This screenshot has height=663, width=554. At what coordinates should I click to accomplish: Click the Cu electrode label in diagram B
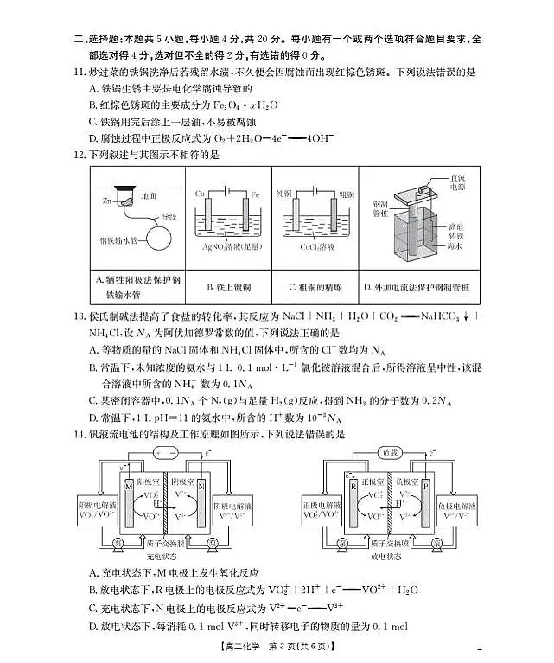[200, 193]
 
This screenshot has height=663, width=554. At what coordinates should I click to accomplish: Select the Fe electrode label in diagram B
[256, 193]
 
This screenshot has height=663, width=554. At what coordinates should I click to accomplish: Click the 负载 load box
[388, 453]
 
